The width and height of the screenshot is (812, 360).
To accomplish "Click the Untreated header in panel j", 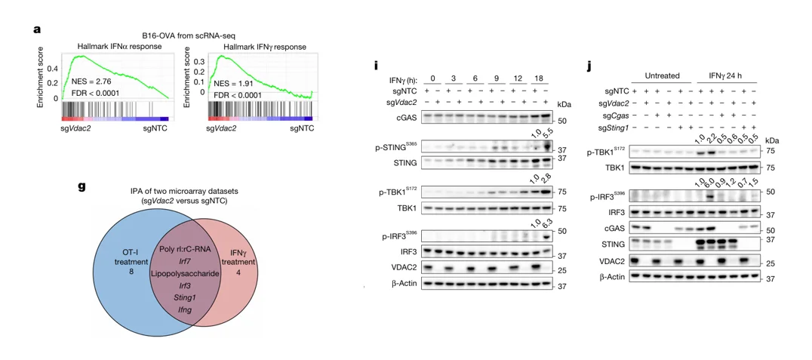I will click(662, 75).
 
